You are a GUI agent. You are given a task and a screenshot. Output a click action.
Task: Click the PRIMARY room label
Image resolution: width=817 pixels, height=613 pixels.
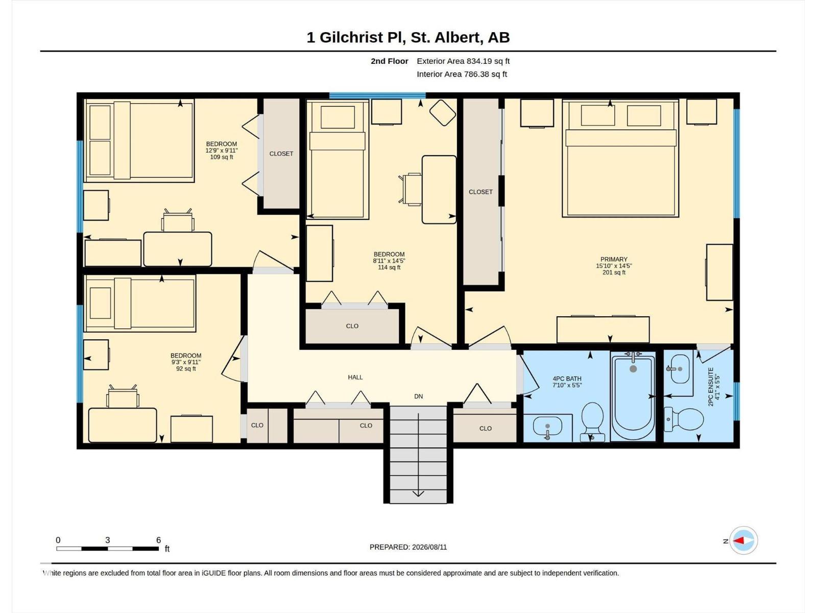coord(614,260)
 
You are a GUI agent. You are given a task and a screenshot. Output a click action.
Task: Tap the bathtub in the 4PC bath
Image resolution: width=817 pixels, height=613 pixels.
coord(633,397)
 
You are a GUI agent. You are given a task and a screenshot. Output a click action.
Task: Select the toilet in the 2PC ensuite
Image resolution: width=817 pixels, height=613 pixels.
coord(684,419)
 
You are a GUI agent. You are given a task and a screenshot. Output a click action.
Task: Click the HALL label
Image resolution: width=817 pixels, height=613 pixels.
coord(355,378)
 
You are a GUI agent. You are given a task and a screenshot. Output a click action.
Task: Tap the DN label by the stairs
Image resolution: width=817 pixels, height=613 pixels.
coord(418,396)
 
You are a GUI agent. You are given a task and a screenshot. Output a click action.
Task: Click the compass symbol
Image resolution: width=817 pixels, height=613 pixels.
coord(743,540)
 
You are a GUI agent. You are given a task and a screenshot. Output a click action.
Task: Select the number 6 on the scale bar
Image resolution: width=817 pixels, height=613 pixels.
coord(158,539)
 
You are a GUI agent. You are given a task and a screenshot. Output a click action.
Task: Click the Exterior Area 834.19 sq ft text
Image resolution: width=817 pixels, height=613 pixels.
coord(463,61)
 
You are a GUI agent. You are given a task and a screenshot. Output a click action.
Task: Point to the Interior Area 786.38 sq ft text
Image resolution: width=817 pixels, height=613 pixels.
coord(462,74)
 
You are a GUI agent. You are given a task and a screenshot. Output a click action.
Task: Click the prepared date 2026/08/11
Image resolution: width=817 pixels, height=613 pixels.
coord(429,547)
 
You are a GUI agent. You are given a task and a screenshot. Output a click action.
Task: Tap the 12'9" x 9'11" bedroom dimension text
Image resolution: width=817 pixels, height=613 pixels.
coord(222,151)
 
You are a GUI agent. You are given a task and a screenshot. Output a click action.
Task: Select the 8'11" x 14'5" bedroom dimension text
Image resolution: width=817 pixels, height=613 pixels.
coord(389,261)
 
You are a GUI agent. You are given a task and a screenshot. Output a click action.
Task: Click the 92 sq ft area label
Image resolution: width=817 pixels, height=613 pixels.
coord(186,369)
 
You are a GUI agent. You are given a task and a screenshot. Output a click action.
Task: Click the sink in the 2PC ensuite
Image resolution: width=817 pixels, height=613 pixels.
coord(680,368)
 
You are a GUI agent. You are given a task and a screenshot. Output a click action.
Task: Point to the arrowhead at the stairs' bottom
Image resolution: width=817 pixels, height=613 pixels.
coord(418,493)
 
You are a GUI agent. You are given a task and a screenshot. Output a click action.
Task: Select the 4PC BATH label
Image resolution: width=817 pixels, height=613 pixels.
coord(567,379)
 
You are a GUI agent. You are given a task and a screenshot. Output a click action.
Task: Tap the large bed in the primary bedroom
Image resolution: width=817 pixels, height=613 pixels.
coord(620,158)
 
